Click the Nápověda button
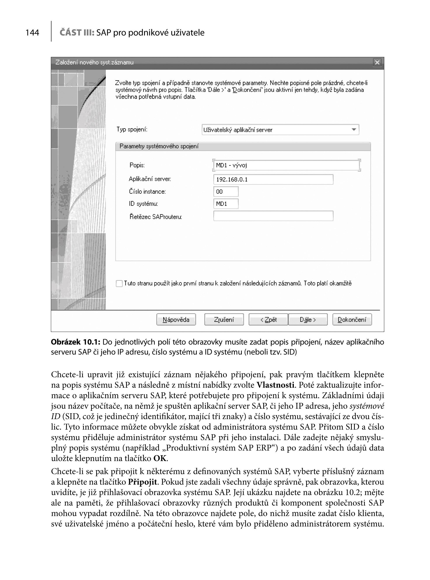(x=176, y=320)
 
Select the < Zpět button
(x=268, y=320)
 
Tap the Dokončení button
(x=352, y=320)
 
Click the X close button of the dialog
(x=377, y=62)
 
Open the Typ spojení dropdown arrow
(x=354, y=130)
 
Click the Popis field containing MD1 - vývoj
(x=286, y=165)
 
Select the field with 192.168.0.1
(x=273, y=179)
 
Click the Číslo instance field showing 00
(x=226, y=192)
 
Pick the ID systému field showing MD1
(x=226, y=204)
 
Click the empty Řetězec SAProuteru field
(x=273, y=216)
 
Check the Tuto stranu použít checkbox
(x=119, y=284)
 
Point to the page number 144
(x=32, y=33)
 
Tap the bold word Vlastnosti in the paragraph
(x=276, y=385)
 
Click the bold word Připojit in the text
(x=142, y=482)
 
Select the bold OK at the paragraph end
(x=160, y=458)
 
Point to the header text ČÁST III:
(x=77, y=33)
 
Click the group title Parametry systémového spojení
(x=159, y=146)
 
